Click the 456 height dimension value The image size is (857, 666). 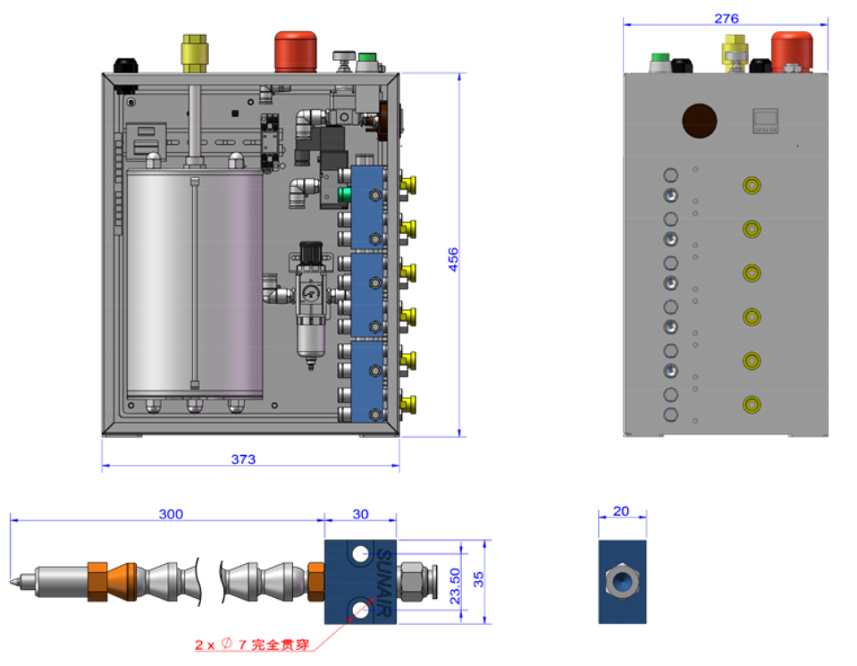pos(453,259)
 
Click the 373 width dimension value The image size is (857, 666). pos(243,459)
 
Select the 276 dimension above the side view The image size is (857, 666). pos(727,19)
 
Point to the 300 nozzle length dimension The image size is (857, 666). pos(171,514)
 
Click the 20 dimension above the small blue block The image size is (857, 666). pos(621,511)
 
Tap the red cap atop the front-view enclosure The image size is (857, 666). pos(296,52)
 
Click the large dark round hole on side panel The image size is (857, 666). pos(700,122)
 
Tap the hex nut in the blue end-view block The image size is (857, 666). pos(621,582)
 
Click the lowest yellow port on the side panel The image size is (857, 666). pos(752,405)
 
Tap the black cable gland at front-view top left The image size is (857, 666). pos(124,64)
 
